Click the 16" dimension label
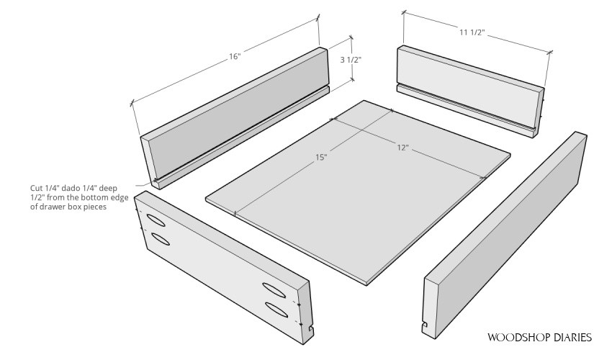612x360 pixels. click(235, 57)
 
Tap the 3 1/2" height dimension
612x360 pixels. click(351, 60)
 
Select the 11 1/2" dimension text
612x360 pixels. click(471, 32)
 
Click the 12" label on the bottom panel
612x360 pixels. click(402, 148)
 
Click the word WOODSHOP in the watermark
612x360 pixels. click(517, 337)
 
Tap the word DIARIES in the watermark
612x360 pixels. click(571, 337)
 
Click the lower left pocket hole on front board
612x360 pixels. click(161, 238)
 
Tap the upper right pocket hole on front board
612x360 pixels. click(275, 289)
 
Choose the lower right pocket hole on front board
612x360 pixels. click(276, 309)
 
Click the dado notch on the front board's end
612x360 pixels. click(310, 330)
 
